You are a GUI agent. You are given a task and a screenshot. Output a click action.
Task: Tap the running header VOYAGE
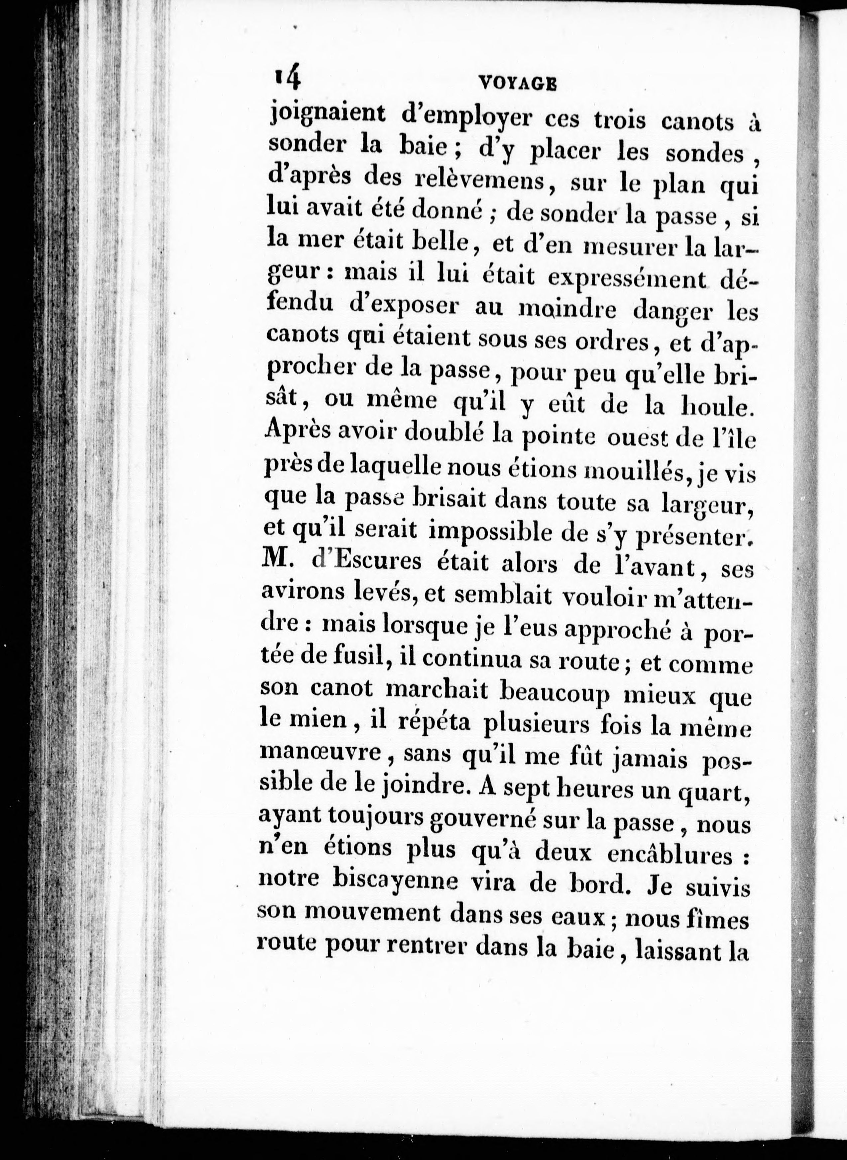point(517,83)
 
